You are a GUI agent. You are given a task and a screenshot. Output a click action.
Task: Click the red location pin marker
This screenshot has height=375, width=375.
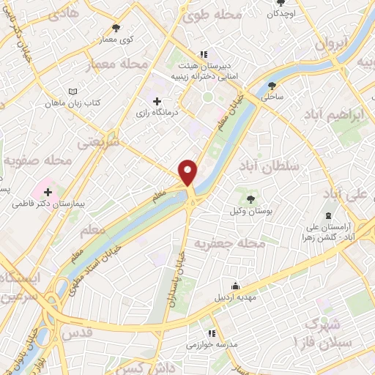tap(188, 171)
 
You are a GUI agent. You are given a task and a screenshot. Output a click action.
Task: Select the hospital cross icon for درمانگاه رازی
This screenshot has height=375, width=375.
tap(157, 100)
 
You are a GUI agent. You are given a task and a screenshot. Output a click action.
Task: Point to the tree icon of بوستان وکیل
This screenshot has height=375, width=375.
tap(250, 198)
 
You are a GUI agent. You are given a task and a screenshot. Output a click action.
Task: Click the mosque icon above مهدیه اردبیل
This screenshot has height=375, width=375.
tap(235, 286)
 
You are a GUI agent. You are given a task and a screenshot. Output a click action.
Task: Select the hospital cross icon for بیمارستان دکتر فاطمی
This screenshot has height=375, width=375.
tap(48, 192)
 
